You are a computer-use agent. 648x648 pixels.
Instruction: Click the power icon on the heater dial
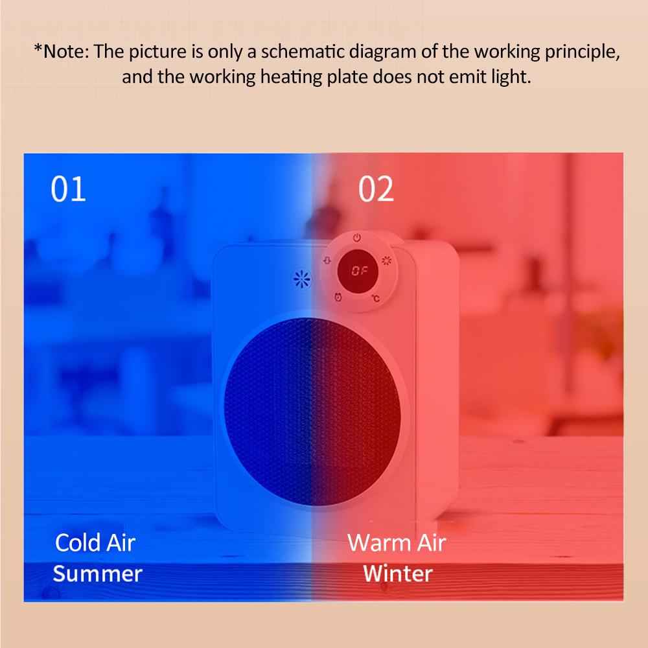pyautogui.click(x=357, y=238)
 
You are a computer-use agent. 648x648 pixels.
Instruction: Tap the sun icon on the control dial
pyautogui.click(x=386, y=260)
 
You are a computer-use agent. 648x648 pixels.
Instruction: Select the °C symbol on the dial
pyautogui.click(x=375, y=298)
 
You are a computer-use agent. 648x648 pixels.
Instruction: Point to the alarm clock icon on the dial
pyautogui.click(x=338, y=297)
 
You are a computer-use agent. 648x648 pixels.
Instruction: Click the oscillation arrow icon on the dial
pyautogui.click(x=327, y=260)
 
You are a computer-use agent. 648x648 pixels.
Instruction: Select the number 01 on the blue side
pyautogui.click(x=68, y=189)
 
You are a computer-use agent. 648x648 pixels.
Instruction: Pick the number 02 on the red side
pyautogui.click(x=376, y=189)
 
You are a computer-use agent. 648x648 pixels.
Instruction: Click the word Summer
pyautogui.click(x=98, y=573)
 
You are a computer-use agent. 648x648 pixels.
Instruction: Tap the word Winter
pyautogui.click(x=398, y=573)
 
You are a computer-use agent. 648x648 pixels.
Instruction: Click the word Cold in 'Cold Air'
pyautogui.click(x=78, y=542)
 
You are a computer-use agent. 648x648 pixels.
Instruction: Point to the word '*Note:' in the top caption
pyautogui.click(x=62, y=52)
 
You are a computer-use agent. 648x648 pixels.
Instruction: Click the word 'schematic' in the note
pyautogui.click(x=302, y=52)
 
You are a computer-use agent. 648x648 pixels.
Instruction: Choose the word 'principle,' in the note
pyautogui.click(x=582, y=52)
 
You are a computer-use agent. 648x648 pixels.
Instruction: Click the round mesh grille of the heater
pyautogui.click(x=312, y=411)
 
